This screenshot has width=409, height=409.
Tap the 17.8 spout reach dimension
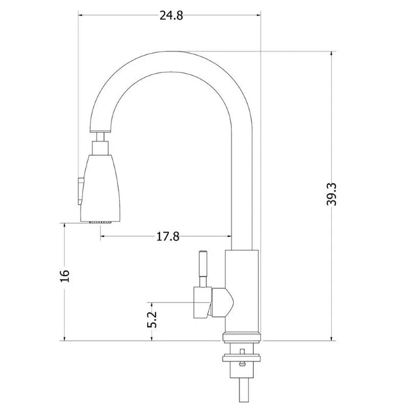click(x=167, y=236)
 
